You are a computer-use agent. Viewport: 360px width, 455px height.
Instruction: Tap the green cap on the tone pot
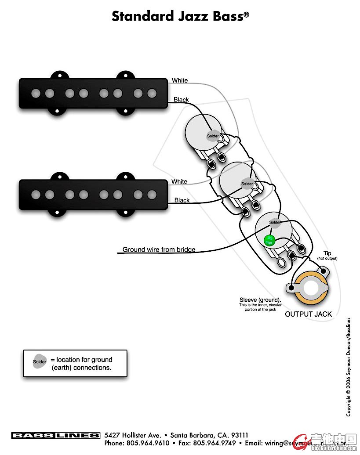(x=268, y=240)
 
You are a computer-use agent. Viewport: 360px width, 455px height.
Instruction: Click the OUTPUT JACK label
(x=308, y=314)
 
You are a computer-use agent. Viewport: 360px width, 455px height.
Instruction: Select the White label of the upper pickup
(x=179, y=80)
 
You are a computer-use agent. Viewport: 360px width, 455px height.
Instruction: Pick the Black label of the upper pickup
(x=181, y=100)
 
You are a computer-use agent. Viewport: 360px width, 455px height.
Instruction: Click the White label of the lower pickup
(x=179, y=181)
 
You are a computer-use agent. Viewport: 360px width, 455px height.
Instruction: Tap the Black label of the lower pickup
(x=182, y=200)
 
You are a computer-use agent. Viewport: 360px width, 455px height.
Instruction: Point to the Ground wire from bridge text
(x=159, y=249)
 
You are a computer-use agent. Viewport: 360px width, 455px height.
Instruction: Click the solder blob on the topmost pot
(x=213, y=136)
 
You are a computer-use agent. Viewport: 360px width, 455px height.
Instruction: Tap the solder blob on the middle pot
(x=247, y=184)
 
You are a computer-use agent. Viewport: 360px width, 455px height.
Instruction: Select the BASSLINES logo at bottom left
(x=56, y=435)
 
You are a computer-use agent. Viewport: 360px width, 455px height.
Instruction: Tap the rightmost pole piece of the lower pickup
(x=152, y=194)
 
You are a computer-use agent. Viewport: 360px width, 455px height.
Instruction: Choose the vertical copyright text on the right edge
(x=349, y=367)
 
